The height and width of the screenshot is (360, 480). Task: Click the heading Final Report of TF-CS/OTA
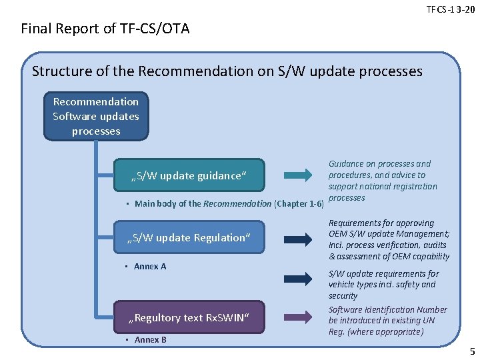click(x=105, y=29)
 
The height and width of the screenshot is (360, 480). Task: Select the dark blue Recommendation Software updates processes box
click(x=96, y=116)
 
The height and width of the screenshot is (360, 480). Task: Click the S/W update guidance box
click(x=190, y=175)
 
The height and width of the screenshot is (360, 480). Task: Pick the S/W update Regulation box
click(x=190, y=237)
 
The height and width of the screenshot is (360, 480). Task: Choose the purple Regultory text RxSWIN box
click(x=190, y=317)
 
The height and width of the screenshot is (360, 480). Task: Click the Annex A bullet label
click(x=150, y=267)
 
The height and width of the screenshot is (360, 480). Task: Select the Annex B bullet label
click(x=150, y=340)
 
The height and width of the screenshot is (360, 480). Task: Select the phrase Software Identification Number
click(x=388, y=309)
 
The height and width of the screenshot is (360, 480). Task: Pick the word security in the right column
click(x=343, y=296)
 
